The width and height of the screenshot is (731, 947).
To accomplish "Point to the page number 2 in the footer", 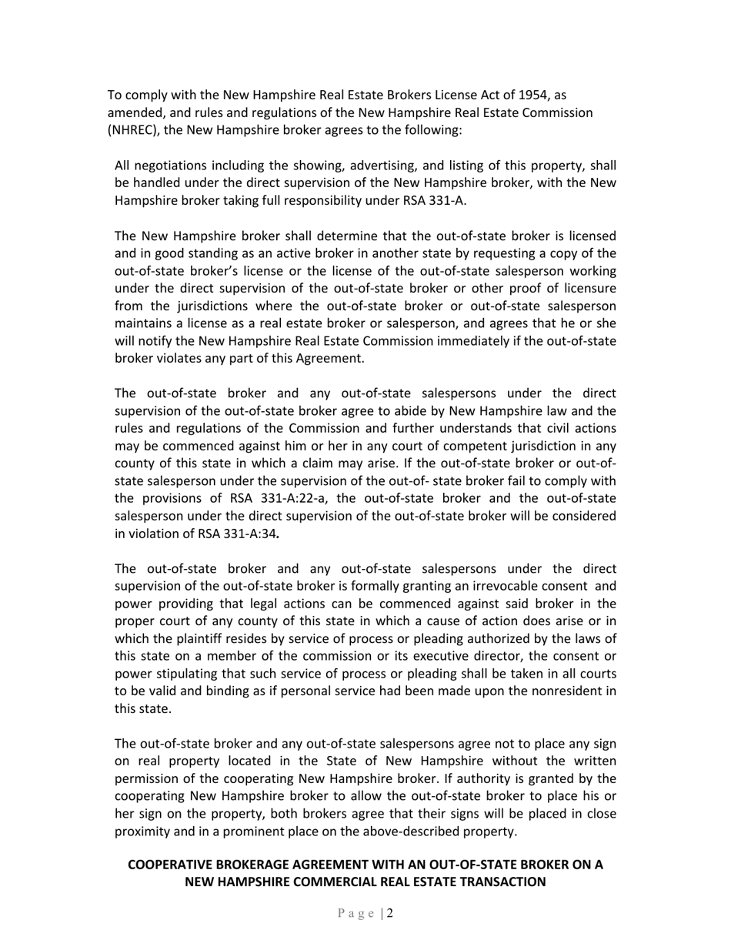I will [390, 914].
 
